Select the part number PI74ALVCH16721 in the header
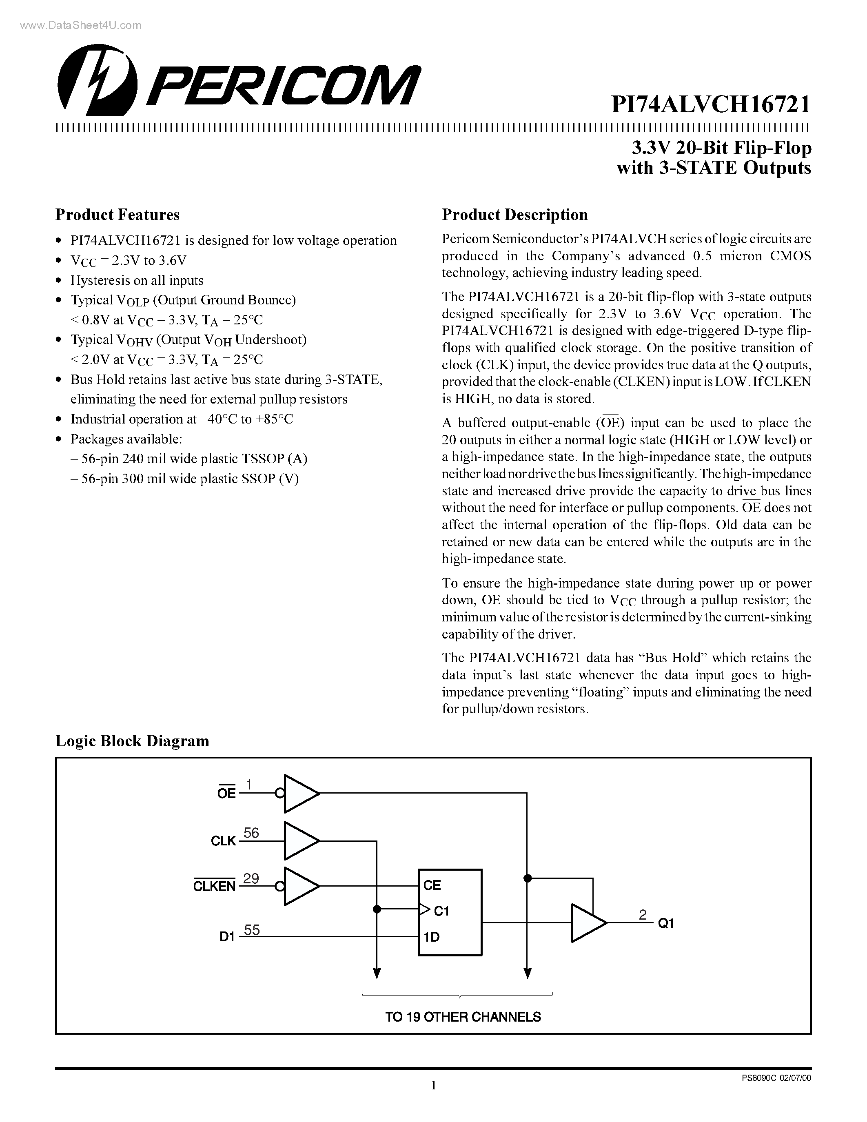pos(710,105)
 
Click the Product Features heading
pos(117,214)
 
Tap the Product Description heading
pos(514,214)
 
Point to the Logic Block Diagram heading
pos(132,740)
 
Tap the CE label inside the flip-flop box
pos(432,885)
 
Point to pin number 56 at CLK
pos(251,833)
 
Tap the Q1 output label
pos(666,923)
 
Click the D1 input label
pos(226,936)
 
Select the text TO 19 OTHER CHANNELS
pos(463,1017)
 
